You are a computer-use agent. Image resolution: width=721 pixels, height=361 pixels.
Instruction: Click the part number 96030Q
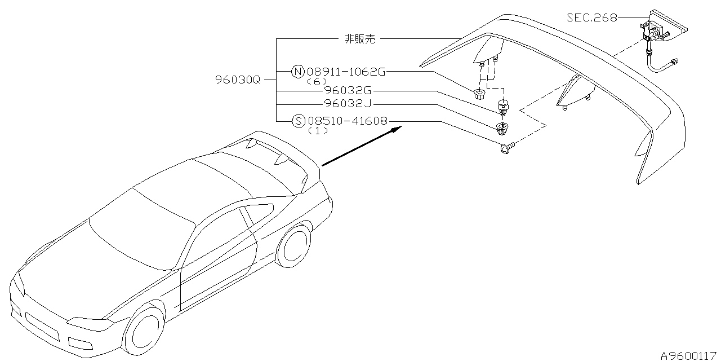pyautogui.click(x=238, y=80)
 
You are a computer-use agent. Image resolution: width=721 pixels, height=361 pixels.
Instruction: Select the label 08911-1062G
pyautogui.click(x=346, y=72)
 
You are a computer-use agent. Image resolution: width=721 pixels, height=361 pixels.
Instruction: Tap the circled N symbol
pyautogui.click(x=298, y=72)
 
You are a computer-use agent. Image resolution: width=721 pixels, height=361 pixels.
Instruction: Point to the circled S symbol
pyautogui.click(x=299, y=120)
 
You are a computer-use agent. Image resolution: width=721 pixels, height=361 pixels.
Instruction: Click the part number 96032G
pyautogui.click(x=348, y=90)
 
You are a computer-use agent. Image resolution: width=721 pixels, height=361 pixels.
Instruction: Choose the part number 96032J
pyautogui.click(x=348, y=104)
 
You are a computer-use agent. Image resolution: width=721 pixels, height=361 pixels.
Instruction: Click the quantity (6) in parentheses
pyautogui.click(x=317, y=81)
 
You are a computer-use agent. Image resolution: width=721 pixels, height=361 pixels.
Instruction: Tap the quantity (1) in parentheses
pyautogui.click(x=317, y=130)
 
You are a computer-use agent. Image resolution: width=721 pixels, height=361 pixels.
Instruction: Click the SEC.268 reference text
pyautogui.click(x=591, y=17)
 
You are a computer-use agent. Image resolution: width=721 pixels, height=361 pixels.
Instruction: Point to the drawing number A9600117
pyautogui.click(x=690, y=355)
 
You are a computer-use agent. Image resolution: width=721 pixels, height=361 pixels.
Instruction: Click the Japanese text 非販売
pyautogui.click(x=359, y=39)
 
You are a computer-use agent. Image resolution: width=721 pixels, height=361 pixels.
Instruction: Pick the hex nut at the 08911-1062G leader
pyautogui.click(x=479, y=93)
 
